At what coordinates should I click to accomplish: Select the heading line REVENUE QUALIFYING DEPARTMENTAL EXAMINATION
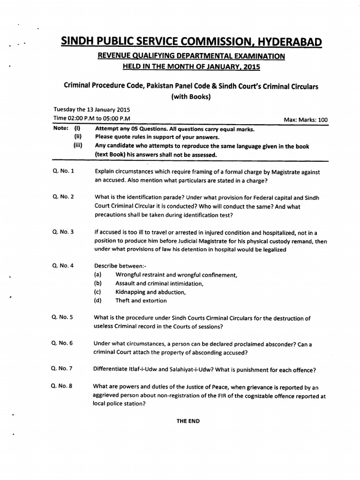191,56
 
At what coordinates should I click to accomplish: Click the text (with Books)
191,97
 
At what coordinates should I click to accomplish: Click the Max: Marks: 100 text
306,120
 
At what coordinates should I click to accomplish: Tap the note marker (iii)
78,146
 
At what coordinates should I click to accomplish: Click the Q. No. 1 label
63,172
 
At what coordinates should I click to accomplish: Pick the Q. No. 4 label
63,265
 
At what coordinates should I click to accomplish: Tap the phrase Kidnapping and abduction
150,292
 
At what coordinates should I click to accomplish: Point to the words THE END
188,421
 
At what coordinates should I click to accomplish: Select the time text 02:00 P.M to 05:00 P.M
99,119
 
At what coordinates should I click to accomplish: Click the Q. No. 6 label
63,343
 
